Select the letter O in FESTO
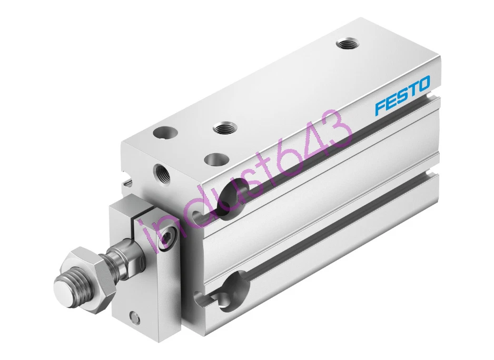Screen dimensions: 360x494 pyautogui.click(x=423, y=82)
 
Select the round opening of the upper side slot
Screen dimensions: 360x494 pyautogui.click(x=232, y=197)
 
